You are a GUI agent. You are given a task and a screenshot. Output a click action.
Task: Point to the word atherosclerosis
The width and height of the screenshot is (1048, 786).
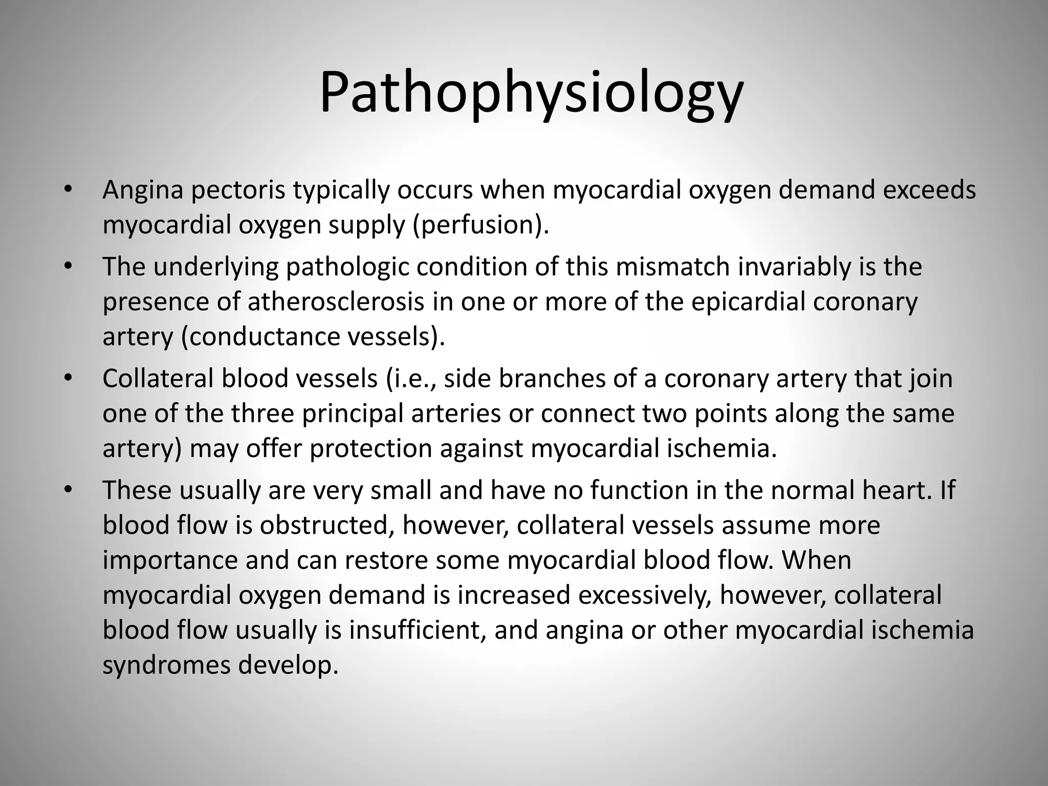point(336,302)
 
